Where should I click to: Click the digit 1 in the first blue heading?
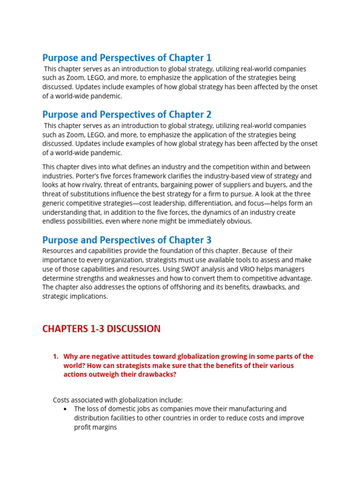[x=209, y=58]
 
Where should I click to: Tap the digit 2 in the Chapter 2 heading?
[x=209, y=114]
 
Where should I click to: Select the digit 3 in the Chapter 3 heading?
[x=209, y=240]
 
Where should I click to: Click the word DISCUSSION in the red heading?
[x=134, y=329]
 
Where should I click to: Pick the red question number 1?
[x=56, y=356]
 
